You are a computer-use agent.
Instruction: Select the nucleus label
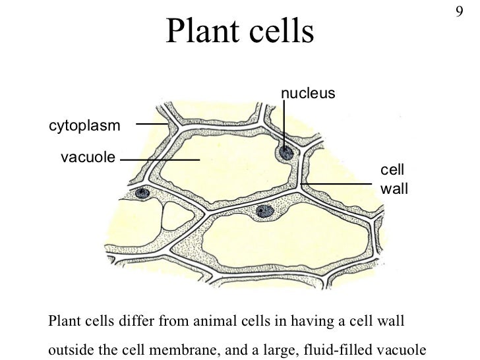point(309,94)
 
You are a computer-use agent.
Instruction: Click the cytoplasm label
point(84,125)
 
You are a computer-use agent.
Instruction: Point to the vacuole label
point(88,158)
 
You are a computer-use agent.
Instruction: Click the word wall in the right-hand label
point(394,189)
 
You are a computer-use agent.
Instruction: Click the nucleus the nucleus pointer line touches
point(285,154)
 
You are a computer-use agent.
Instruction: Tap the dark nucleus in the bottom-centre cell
point(264,211)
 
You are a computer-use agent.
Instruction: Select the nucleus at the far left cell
point(142,193)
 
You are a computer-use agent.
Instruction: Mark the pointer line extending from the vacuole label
point(160,160)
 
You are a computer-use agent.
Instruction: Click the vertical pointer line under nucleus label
point(284,125)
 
